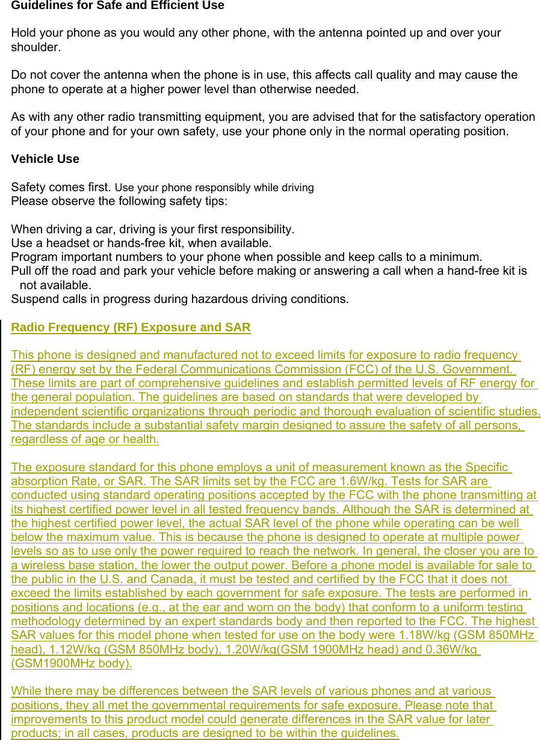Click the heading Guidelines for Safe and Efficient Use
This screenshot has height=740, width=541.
117,6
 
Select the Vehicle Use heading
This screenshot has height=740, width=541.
45,159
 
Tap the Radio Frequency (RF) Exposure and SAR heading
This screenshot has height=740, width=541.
131,328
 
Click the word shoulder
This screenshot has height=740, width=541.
35,47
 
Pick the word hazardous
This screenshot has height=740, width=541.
217,299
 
